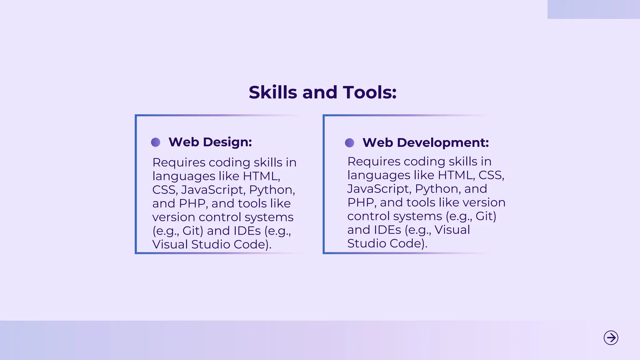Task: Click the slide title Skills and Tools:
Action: pyautogui.click(x=322, y=92)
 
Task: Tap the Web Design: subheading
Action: pyautogui.click(x=210, y=142)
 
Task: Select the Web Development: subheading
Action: pyautogui.click(x=425, y=143)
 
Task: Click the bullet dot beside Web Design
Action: pyautogui.click(x=156, y=142)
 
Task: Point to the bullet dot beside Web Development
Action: pyautogui.click(x=349, y=143)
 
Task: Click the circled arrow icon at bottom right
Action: pyautogui.click(x=611, y=338)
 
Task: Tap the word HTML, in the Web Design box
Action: pyautogui.click(x=261, y=176)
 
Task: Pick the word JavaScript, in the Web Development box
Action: pyautogui.click(x=379, y=189)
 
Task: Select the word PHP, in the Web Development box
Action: pyautogui.click(x=362, y=202)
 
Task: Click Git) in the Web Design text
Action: pyautogui.click(x=192, y=231)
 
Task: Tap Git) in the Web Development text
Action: pyautogui.click(x=486, y=216)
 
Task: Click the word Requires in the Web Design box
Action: pyautogui.click(x=179, y=162)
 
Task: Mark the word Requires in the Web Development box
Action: pyautogui.click(x=374, y=162)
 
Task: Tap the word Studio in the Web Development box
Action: pyautogui.click(x=366, y=243)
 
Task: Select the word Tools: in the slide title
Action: pyautogui.click(x=370, y=92)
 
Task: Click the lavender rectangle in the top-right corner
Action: pyautogui.click(x=593, y=9)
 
